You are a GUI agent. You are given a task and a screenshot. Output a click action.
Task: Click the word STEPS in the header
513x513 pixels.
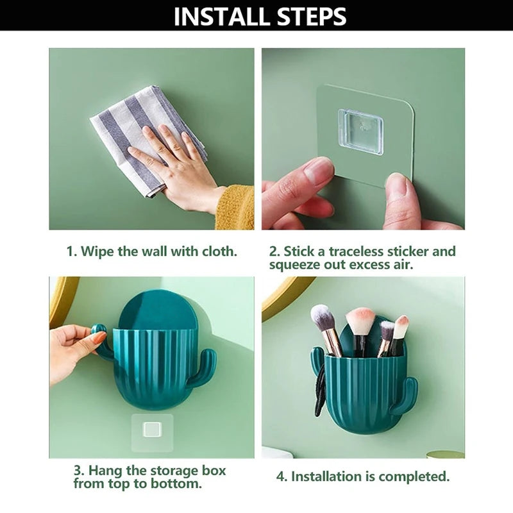click(312, 17)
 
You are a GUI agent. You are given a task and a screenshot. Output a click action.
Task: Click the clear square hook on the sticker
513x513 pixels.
click(360, 131)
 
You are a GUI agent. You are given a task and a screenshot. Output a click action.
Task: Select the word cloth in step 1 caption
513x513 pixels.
click(219, 251)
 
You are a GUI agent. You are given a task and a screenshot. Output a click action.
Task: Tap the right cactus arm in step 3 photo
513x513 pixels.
click(203, 365)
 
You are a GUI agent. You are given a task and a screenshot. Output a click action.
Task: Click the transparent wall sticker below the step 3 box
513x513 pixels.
click(152, 432)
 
